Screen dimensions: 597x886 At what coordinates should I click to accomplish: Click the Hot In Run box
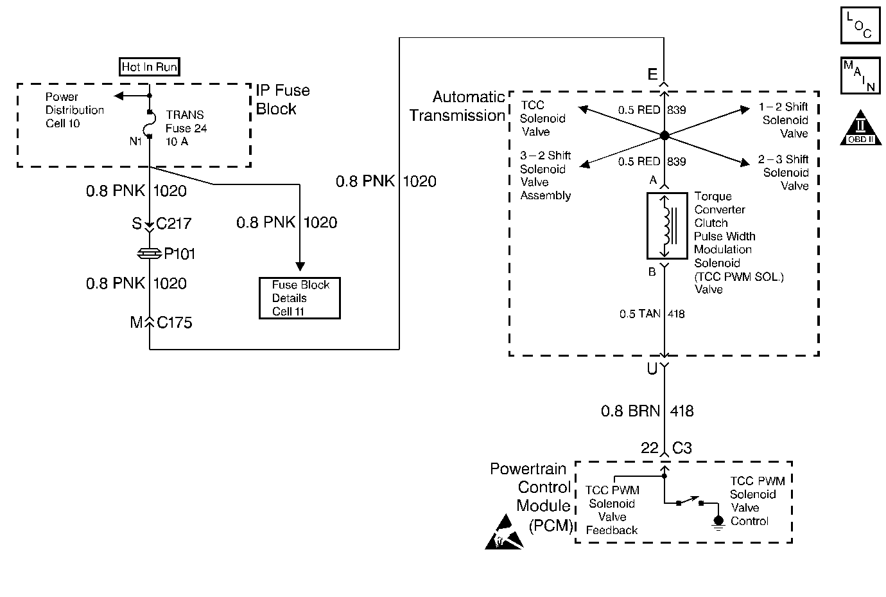pos(150,67)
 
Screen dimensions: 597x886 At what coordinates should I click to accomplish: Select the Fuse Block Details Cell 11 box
pos(299,298)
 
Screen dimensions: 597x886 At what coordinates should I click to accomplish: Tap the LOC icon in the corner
pos(860,25)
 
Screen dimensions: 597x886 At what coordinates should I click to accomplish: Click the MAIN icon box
pos(860,76)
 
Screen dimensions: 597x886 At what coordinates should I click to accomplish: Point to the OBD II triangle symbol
pos(860,129)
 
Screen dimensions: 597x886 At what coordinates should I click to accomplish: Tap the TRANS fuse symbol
pos(149,125)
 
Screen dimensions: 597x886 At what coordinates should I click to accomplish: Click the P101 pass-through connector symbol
pos(149,254)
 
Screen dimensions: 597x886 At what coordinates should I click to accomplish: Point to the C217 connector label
pos(174,224)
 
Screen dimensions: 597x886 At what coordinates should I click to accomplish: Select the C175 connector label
pos(174,323)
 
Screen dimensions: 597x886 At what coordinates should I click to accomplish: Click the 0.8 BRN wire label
pos(630,411)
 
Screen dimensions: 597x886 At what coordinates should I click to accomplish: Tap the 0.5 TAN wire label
pos(639,314)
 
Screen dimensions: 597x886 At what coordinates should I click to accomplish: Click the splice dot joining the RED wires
pos(664,136)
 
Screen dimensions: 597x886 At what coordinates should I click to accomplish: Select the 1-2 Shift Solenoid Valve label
pos(783,120)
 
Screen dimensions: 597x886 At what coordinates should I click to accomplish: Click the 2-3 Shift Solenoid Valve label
pos(783,172)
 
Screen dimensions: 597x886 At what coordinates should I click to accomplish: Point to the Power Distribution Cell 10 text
pos(74,110)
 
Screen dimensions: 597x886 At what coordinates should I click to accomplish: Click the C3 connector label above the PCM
pos(682,449)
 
